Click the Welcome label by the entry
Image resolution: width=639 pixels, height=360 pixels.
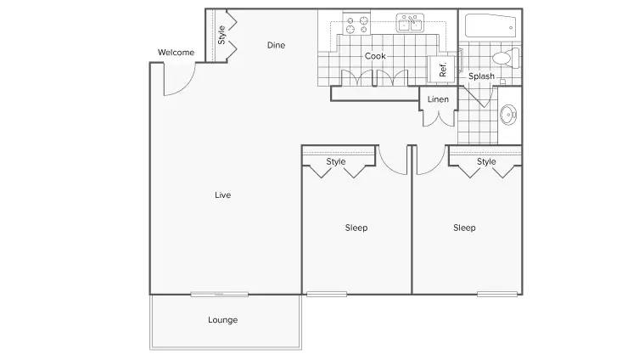click(176, 52)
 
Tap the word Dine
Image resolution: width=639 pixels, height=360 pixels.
click(276, 45)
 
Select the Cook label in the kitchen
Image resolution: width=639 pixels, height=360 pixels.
click(375, 56)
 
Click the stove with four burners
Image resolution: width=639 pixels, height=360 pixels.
click(356, 24)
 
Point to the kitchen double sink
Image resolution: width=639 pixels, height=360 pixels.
click(410, 23)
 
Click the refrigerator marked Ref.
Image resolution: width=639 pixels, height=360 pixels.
click(441, 70)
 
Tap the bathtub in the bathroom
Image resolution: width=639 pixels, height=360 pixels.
click(490, 26)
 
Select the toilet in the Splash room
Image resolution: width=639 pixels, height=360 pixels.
click(506, 58)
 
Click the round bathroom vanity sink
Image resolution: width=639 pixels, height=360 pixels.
click(508, 115)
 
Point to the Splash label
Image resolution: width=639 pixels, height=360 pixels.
click(481, 76)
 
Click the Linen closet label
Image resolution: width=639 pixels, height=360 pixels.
click(438, 99)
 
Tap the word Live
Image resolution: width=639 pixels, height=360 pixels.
click(222, 195)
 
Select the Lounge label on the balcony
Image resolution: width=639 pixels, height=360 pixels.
click(222, 320)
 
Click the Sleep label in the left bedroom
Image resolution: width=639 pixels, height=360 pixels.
click(356, 228)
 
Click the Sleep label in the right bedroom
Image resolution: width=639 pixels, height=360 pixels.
click(464, 228)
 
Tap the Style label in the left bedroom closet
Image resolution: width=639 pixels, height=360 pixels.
click(336, 161)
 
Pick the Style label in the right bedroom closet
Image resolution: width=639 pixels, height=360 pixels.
click(486, 161)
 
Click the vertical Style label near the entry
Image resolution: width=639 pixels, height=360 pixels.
click(221, 35)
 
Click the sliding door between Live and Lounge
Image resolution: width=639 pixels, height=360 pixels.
click(219, 294)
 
